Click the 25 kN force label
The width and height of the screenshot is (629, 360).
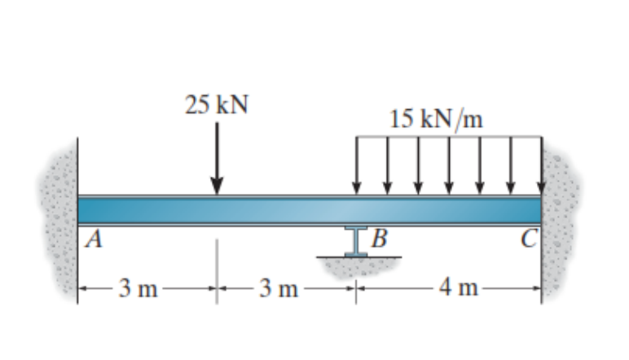pyautogui.click(x=216, y=105)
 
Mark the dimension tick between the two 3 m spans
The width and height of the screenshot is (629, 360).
pyautogui.click(x=217, y=288)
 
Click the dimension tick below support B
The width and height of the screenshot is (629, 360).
pyautogui.click(x=356, y=288)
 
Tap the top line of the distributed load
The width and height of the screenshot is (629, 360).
pyautogui.click(x=448, y=137)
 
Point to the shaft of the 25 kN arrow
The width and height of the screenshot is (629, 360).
pyautogui.click(x=217, y=151)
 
